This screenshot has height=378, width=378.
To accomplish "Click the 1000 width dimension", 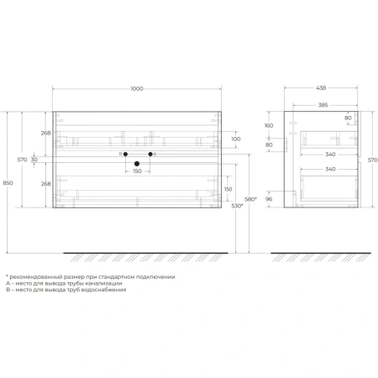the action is tap(137, 89).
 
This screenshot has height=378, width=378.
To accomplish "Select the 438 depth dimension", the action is tap(321, 88).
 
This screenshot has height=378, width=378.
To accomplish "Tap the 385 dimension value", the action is tap(323, 105).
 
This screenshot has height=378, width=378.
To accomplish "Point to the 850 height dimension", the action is tap(8, 183).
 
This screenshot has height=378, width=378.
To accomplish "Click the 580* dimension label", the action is tap(250, 199).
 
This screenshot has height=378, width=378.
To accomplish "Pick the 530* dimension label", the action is tap(237, 206).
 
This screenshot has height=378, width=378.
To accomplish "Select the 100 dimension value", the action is tap(236, 139).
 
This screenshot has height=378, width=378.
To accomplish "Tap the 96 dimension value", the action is tap(269, 199).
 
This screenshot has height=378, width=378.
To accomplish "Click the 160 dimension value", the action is tap(269, 125).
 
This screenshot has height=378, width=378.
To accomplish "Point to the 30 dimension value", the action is tap(34, 160).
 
